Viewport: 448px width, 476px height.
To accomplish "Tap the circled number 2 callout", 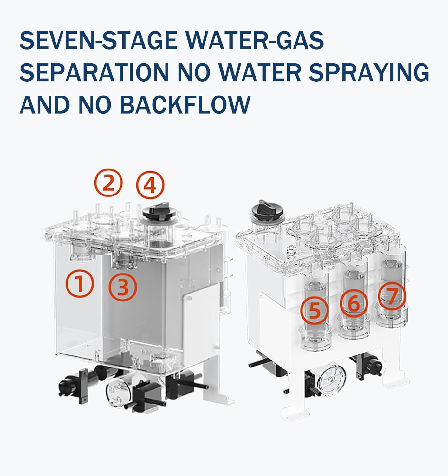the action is (x=108, y=183).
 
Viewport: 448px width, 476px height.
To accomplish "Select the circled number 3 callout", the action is (x=123, y=287).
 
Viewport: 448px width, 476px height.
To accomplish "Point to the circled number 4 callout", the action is (x=150, y=185).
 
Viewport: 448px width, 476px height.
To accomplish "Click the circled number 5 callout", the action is (x=315, y=310).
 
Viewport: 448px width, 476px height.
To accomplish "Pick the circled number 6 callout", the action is (x=354, y=303).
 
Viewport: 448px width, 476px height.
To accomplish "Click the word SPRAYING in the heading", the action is (x=369, y=72).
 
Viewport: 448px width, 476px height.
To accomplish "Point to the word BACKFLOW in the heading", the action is (x=185, y=104).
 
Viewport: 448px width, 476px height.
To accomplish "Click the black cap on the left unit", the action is (x=156, y=212).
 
